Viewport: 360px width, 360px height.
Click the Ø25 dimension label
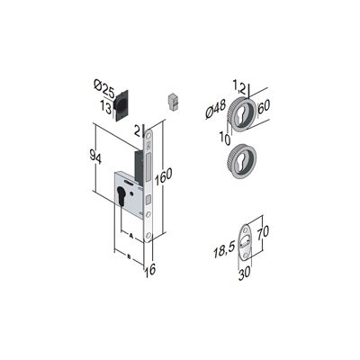pos(103,90)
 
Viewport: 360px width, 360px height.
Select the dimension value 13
pos(106,107)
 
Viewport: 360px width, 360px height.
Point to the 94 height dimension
pos(95,158)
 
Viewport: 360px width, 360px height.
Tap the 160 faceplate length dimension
pos(163,177)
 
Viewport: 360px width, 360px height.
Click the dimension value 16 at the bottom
pos(150,270)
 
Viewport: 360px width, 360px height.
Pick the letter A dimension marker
pos(130,236)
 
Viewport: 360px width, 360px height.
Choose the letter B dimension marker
pos(129,256)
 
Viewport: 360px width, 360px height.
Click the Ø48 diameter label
pos(216,110)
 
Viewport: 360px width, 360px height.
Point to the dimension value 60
pos(264,106)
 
